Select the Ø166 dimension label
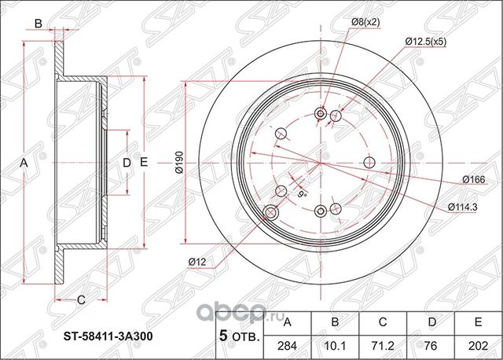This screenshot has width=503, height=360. click(x=473, y=179)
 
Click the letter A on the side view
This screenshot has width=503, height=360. click(x=24, y=163)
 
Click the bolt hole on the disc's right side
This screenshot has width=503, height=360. click(x=370, y=162)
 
